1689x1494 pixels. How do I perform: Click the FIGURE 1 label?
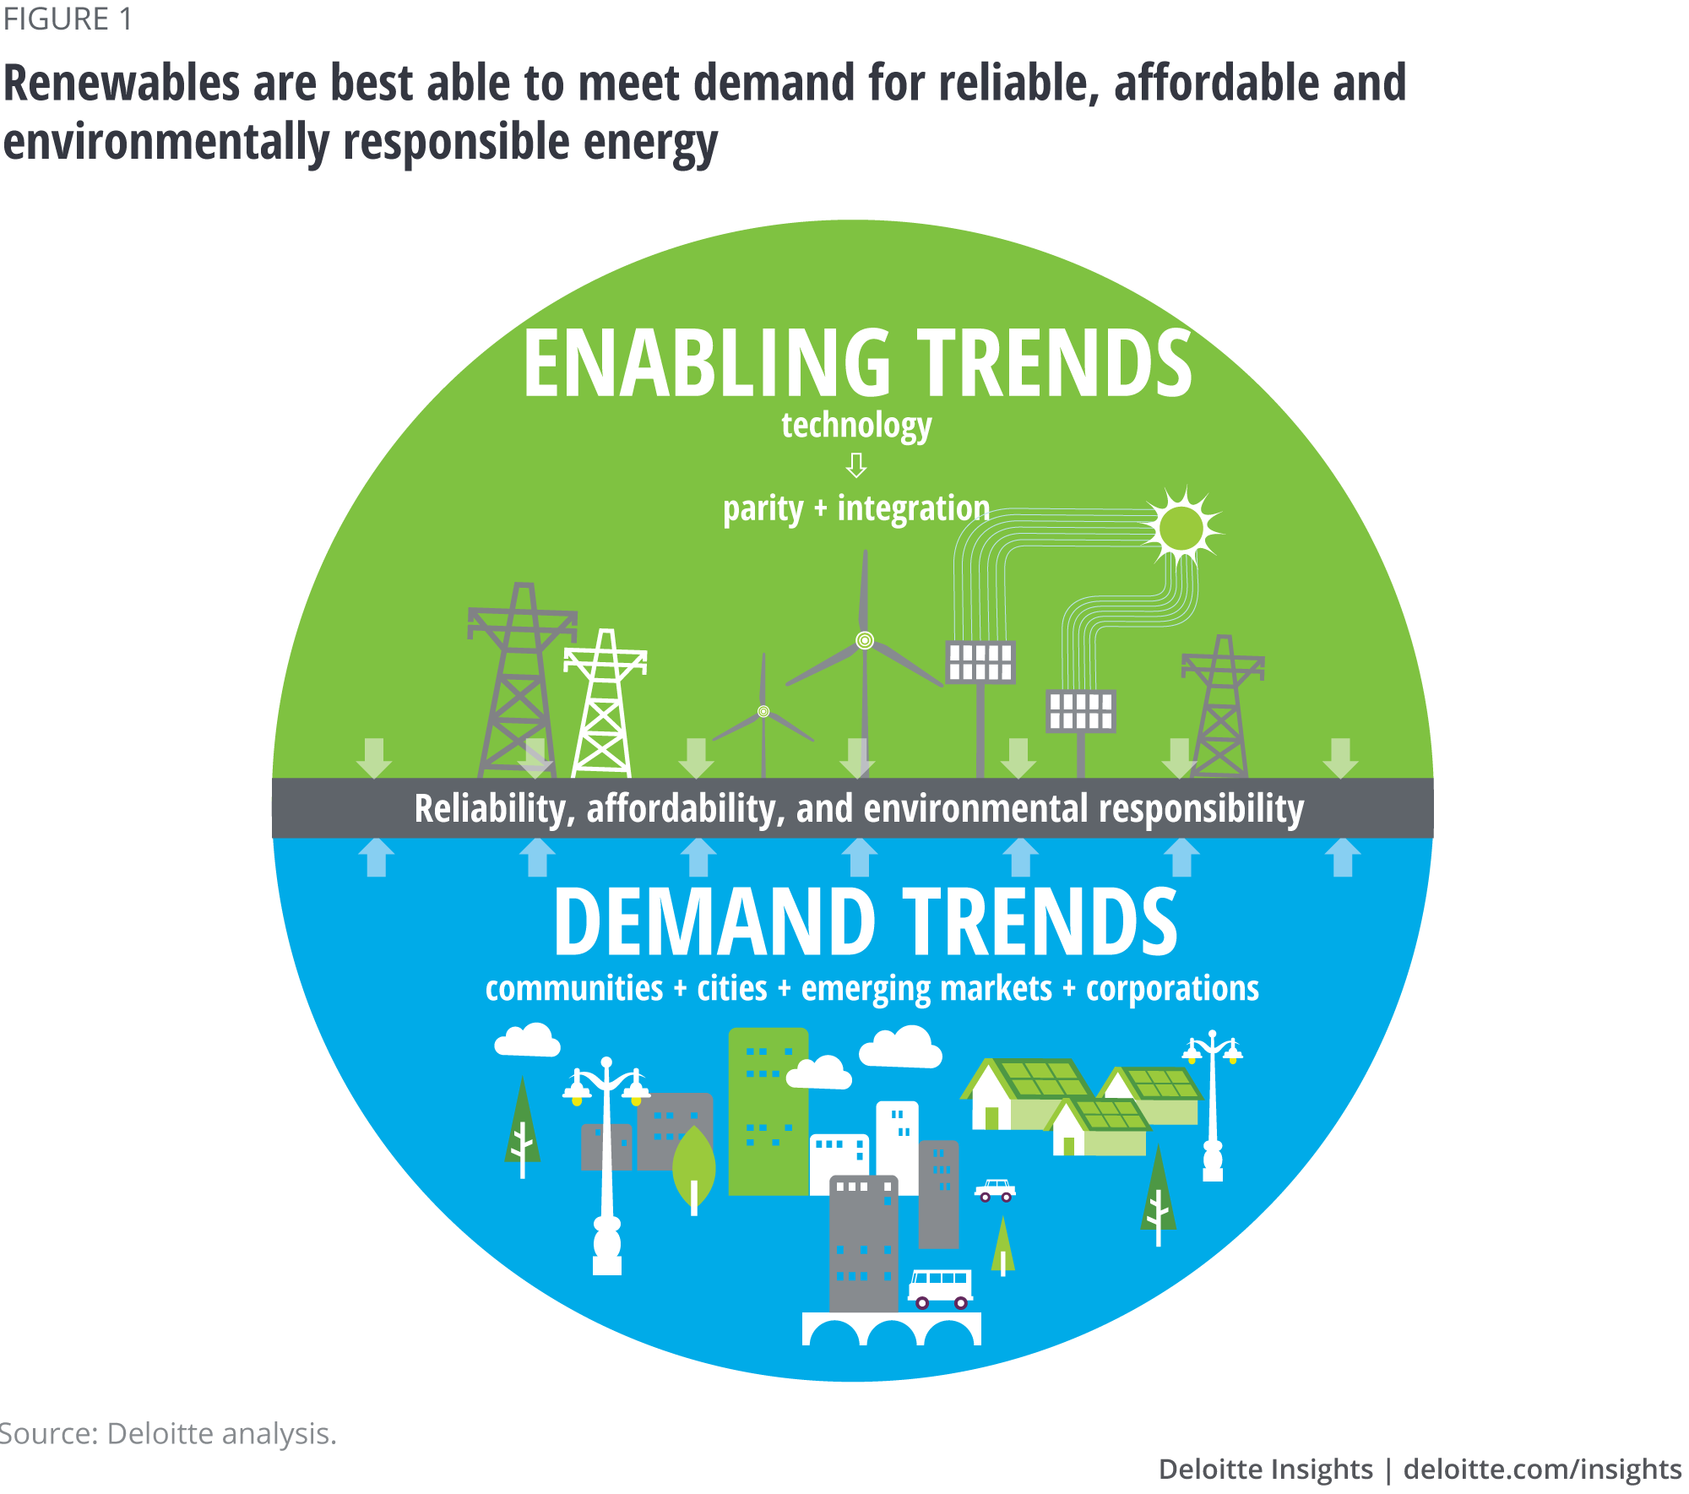pyautogui.click(x=68, y=19)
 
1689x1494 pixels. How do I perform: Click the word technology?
pyautogui.click(x=856, y=425)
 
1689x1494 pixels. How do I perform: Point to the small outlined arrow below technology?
pyautogui.click(x=856, y=464)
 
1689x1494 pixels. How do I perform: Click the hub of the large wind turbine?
pyautogui.click(x=865, y=640)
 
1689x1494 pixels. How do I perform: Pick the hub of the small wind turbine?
pyautogui.click(x=763, y=711)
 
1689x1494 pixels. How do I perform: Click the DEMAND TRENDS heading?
pyautogui.click(x=865, y=922)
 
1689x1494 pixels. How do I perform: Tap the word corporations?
pyautogui.click(x=1172, y=988)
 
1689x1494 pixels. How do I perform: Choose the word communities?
pyautogui.click(x=574, y=988)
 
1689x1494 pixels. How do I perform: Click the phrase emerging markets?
pyautogui.click(x=926, y=988)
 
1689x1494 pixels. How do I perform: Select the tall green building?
pyautogui.click(x=768, y=1111)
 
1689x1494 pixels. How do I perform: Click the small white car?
pyautogui.click(x=995, y=1191)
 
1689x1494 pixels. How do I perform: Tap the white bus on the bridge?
pyautogui.click(x=940, y=1288)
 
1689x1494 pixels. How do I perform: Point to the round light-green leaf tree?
pyautogui.click(x=693, y=1165)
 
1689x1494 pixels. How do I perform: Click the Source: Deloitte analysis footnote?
pyautogui.click(x=169, y=1433)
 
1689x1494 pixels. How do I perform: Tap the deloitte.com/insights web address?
pyautogui.click(x=1542, y=1469)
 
